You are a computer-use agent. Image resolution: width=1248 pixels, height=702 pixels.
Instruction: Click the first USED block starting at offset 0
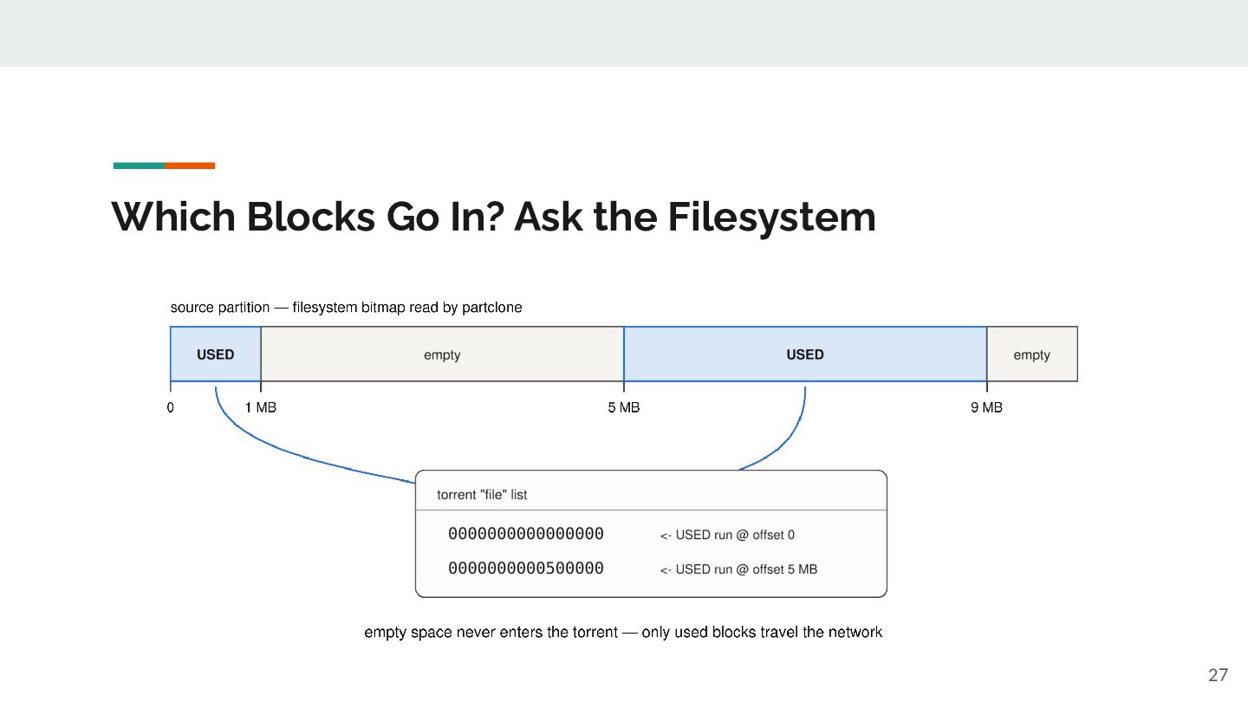[216, 354]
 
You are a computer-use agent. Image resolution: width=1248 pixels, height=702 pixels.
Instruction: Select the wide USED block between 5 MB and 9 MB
[805, 354]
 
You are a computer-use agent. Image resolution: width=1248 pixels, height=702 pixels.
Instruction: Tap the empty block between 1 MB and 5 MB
[442, 354]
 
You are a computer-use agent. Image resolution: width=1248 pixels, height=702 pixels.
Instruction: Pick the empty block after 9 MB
[1032, 354]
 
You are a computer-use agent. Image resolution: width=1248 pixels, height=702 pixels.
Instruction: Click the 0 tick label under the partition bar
[171, 408]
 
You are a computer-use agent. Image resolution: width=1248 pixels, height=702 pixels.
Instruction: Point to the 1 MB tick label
[261, 408]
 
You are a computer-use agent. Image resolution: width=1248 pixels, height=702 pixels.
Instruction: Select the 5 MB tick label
[624, 408]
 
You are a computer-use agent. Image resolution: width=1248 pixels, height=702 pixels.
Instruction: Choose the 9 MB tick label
[986, 408]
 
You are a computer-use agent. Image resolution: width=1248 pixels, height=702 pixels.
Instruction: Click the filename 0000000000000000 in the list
[526, 534]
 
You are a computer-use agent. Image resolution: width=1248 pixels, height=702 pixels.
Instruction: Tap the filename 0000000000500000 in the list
[526, 569]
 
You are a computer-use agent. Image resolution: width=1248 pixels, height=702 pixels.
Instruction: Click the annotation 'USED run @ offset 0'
[735, 536]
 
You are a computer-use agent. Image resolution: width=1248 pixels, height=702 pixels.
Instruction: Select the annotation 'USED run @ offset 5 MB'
[746, 569]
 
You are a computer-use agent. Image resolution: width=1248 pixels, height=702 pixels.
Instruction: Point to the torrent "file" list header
[482, 495]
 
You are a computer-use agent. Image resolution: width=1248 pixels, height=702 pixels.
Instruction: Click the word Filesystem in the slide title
[771, 218]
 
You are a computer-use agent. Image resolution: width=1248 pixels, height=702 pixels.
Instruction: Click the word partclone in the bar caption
[492, 308]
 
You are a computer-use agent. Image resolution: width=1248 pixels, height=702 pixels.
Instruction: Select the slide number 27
[1218, 674]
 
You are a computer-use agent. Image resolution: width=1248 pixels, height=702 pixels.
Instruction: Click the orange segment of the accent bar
[190, 166]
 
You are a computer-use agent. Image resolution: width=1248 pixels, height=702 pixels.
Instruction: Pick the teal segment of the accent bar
[139, 166]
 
